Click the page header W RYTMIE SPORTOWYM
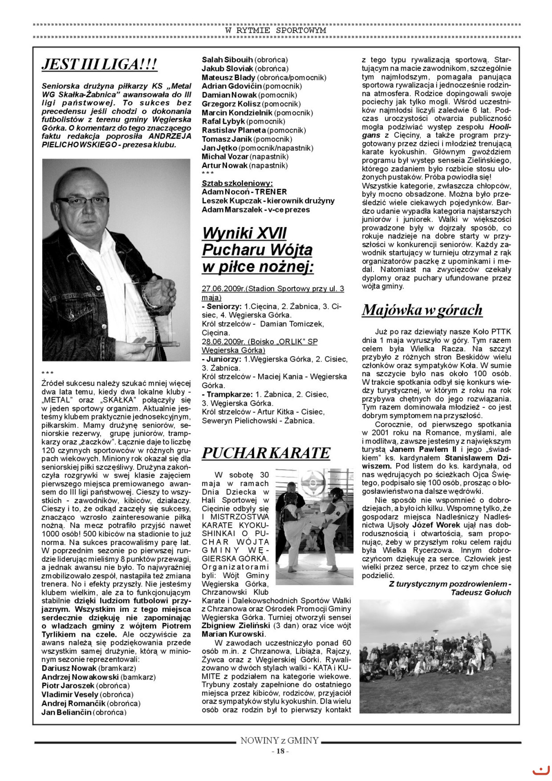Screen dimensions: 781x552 click(276, 30)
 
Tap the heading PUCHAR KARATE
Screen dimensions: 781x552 click(266, 453)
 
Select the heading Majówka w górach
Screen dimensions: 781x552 click(422, 309)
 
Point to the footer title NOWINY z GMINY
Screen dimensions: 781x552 click(280, 741)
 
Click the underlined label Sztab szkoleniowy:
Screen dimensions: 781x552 click(237, 183)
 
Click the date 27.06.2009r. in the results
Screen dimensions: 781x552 click(223, 289)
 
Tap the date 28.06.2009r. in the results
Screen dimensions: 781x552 click(223, 342)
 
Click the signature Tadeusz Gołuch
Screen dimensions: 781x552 click(481, 592)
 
